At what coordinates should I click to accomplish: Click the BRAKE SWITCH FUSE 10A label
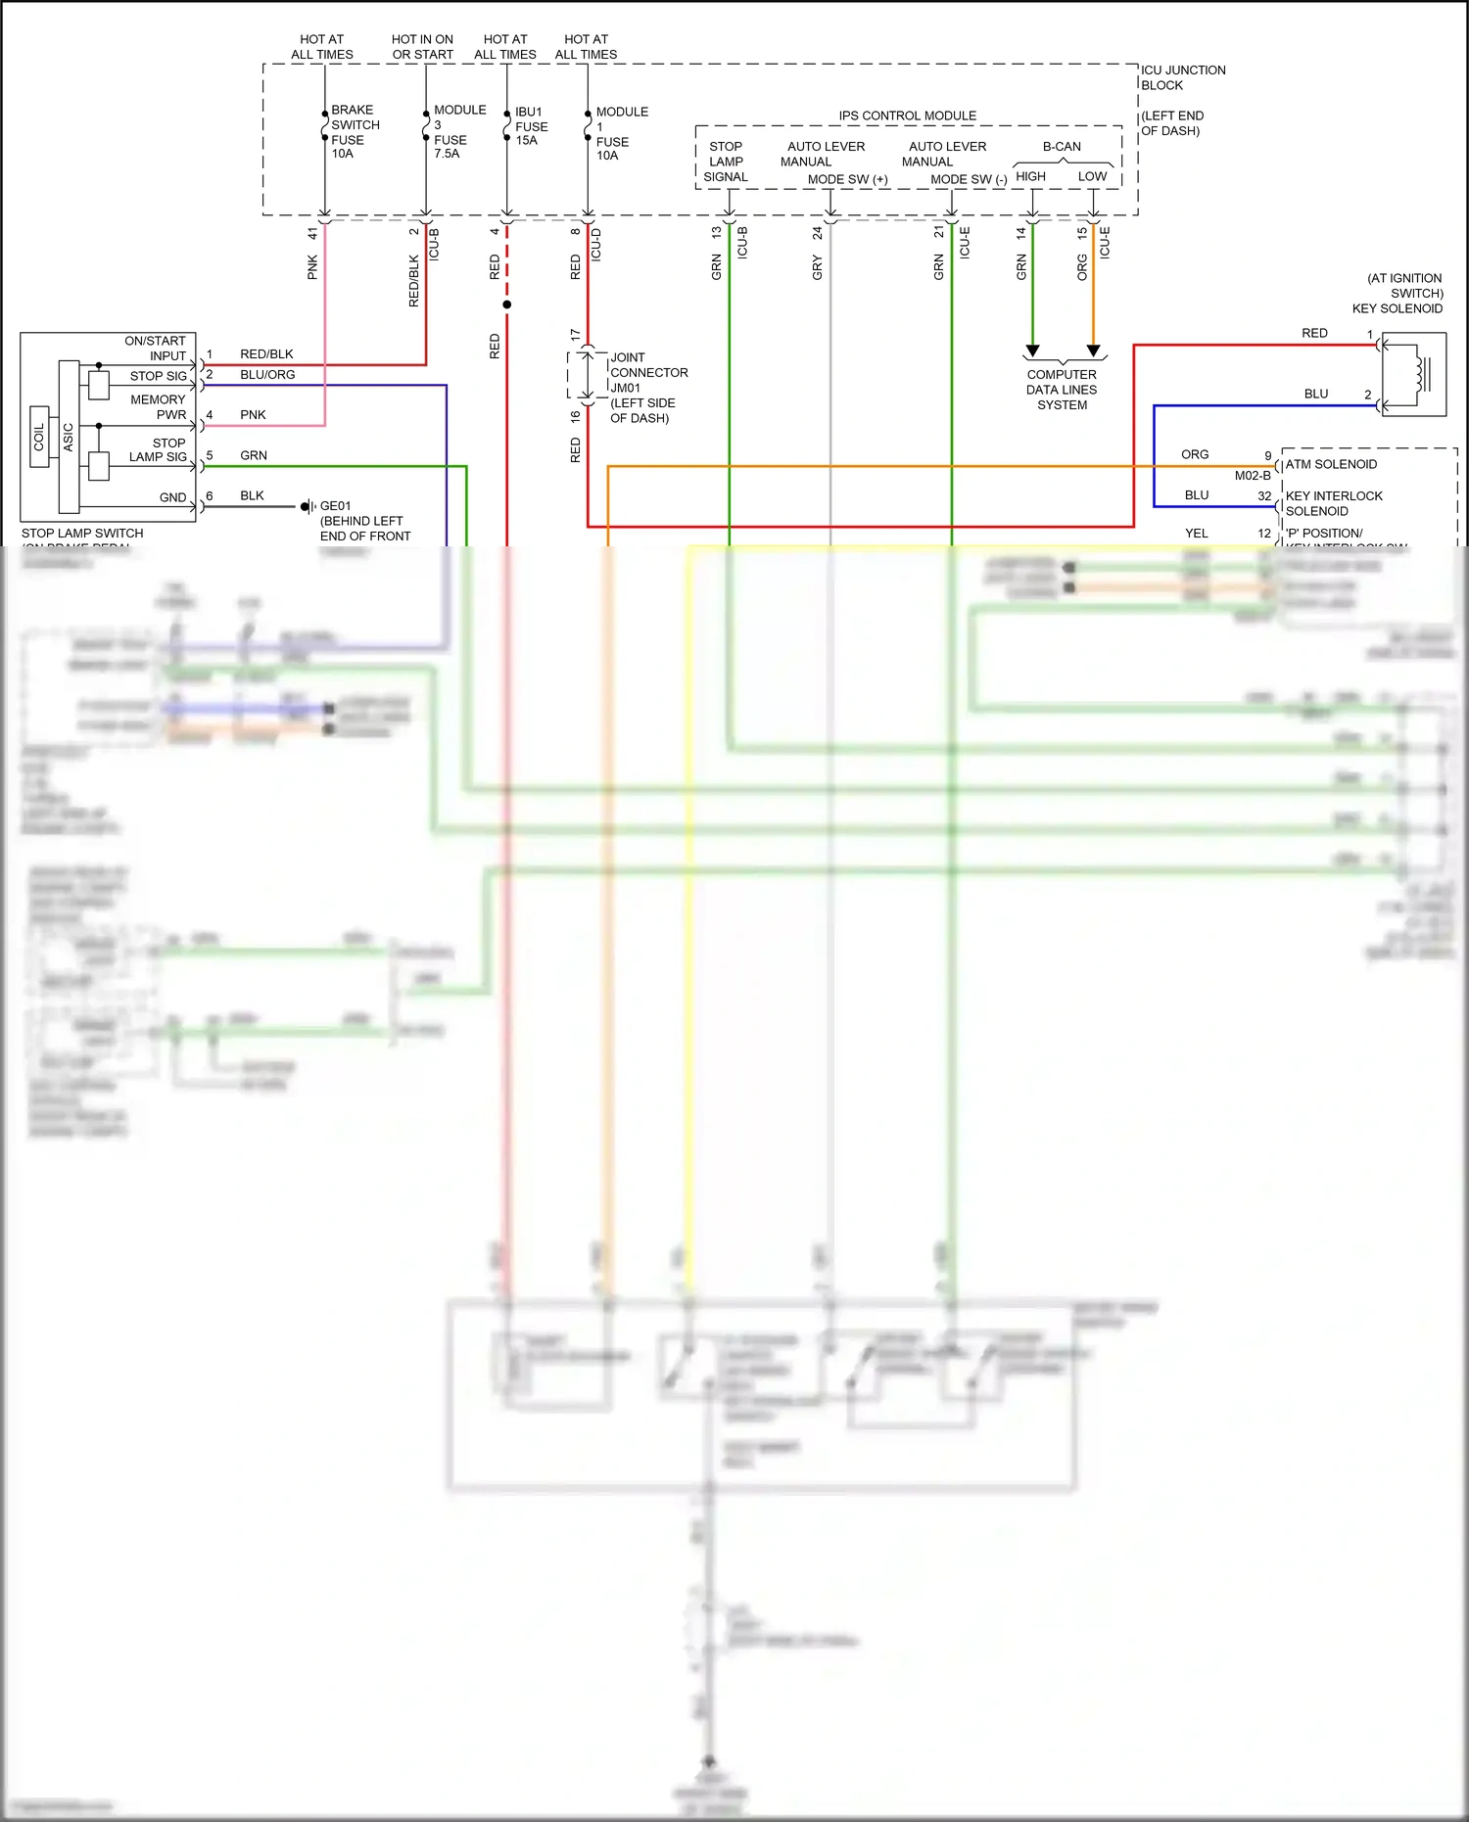point(355,131)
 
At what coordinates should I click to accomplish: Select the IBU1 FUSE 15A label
point(531,126)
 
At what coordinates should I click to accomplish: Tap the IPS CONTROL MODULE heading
point(907,116)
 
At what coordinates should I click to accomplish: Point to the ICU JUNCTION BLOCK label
point(1182,77)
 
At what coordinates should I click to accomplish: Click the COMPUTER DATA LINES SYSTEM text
point(1062,390)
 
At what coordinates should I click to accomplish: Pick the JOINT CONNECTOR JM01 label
point(647,373)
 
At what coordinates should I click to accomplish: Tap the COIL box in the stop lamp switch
point(39,437)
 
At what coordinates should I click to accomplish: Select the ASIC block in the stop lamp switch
point(69,437)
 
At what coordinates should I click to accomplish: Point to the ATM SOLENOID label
point(1331,464)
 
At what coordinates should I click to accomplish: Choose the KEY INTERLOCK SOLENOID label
point(1333,503)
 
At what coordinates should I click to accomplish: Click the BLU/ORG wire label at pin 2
point(267,375)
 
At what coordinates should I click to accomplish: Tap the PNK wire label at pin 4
point(253,415)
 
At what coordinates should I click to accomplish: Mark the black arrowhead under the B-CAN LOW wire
point(1094,350)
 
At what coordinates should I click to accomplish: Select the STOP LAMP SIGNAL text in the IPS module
point(726,162)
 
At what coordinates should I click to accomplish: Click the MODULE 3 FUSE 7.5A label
point(458,131)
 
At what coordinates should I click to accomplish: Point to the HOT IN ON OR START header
point(422,47)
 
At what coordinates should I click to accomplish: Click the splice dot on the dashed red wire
point(506,304)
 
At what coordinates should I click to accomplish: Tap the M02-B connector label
point(1252,476)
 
